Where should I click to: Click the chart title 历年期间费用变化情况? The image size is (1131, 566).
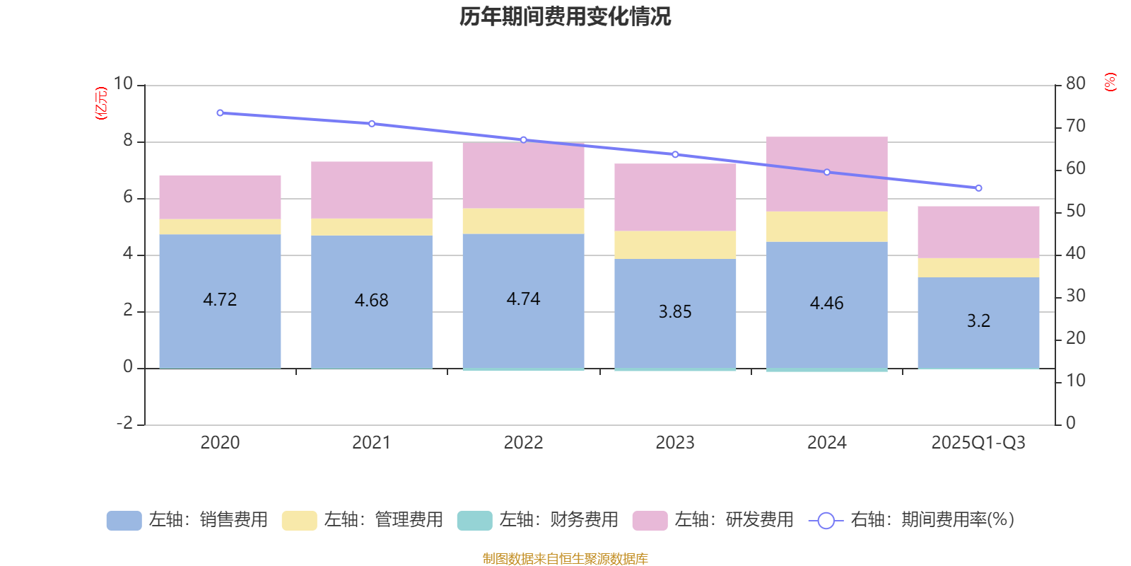(x=565, y=16)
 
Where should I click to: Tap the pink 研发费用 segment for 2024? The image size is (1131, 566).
(x=826, y=174)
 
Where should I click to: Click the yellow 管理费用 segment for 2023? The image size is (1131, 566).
(x=675, y=245)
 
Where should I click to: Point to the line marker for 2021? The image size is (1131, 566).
(x=372, y=124)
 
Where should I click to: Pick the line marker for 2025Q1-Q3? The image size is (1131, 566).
(x=978, y=188)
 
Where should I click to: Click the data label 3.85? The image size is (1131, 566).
(x=675, y=312)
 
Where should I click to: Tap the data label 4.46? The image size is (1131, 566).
(x=826, y=304)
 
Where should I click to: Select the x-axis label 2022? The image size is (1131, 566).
(x=523, y=443)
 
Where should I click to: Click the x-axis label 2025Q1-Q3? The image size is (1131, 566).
(x=978, y=443)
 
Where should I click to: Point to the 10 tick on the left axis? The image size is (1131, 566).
(x=124, y=84)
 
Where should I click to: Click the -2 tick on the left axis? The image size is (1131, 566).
(x=124, y=423)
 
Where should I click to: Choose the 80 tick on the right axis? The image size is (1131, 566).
(x=1075, y=83)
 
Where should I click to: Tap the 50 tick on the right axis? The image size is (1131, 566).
(x=1075, y=211)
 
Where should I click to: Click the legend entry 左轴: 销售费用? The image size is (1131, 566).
(x=187, y=520)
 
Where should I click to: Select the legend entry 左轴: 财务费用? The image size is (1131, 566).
(x=538, y=520)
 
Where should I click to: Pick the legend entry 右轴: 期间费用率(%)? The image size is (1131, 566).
(x=911, y=520)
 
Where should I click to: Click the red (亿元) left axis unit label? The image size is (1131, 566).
(x=101, y=103)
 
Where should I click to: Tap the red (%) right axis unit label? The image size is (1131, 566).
(x=1110, y=82)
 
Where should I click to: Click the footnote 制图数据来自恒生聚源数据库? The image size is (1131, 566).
(x=565, y=559)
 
